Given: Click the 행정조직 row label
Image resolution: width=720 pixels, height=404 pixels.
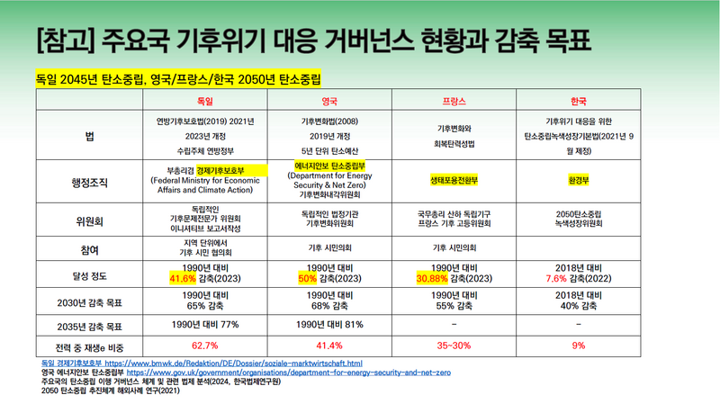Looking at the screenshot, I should (88, 180).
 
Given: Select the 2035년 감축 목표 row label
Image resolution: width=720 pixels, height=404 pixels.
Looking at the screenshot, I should (88, 324).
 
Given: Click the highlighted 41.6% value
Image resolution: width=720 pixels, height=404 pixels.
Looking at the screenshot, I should (182, 277).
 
